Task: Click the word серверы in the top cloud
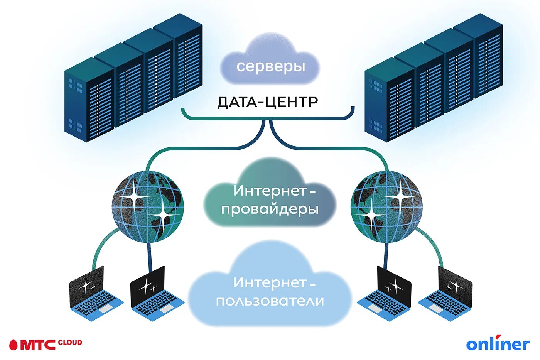270,66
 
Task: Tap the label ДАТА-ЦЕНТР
268,102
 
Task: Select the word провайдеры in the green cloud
270,209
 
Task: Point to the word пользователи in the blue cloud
270,301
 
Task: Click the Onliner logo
498,344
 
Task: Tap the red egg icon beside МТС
13,344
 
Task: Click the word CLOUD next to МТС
70,342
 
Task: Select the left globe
148,206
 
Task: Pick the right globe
386,206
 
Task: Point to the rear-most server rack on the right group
478,54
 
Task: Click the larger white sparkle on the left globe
135,197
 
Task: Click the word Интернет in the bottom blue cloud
269,282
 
